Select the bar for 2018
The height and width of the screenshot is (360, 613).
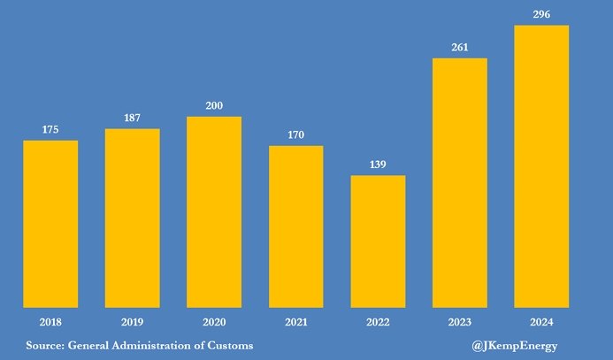[50, 224]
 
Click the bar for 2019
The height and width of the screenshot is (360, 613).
[133, 218]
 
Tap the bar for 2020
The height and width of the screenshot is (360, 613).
[214, 212]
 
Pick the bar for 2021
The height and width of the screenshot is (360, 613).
[296, 226]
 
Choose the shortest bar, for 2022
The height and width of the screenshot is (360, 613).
[378, 241]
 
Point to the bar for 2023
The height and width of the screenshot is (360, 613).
[460, 183]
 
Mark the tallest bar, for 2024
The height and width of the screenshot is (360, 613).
[541, 166]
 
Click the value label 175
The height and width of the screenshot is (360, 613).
[50, 130]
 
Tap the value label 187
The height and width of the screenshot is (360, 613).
[133, 119]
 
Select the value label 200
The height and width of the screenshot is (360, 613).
[214, 106]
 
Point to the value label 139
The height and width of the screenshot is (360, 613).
[378, 165]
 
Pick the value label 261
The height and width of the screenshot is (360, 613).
[460, 48]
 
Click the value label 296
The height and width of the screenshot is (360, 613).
[541, 14]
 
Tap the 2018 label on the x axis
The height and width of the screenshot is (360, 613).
[50, 322]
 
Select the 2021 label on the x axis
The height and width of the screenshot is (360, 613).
[296, 322]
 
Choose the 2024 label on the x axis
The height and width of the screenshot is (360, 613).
[541, 322]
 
